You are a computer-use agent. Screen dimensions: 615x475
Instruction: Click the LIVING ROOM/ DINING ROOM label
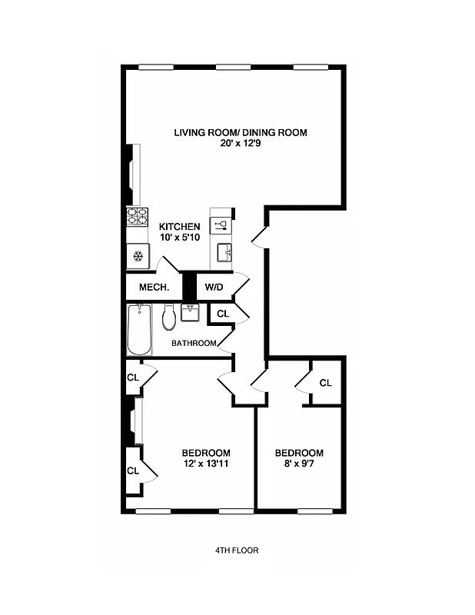240,133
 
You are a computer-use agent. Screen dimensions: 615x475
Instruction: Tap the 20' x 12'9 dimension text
240,145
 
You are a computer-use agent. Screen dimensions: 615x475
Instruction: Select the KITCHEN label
180,227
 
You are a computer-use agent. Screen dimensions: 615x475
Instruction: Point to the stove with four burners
138,218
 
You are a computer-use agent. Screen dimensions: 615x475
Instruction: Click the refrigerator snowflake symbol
138,256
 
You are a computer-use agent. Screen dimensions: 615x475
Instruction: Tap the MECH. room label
154,288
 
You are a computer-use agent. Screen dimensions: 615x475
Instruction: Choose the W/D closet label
213,288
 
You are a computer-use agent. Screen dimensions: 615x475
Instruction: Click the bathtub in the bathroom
139,330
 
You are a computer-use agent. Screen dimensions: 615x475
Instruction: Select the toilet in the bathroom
169,317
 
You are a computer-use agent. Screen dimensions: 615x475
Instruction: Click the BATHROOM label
193,344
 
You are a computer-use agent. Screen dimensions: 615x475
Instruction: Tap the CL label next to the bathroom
222,314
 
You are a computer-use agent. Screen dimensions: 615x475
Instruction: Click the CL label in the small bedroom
325,383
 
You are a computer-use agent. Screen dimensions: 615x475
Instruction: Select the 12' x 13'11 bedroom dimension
205,464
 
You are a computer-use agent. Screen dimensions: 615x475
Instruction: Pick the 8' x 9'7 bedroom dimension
299,464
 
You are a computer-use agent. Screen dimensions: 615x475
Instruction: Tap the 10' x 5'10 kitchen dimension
180,238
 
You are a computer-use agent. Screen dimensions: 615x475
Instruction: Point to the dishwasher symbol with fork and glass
221,224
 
